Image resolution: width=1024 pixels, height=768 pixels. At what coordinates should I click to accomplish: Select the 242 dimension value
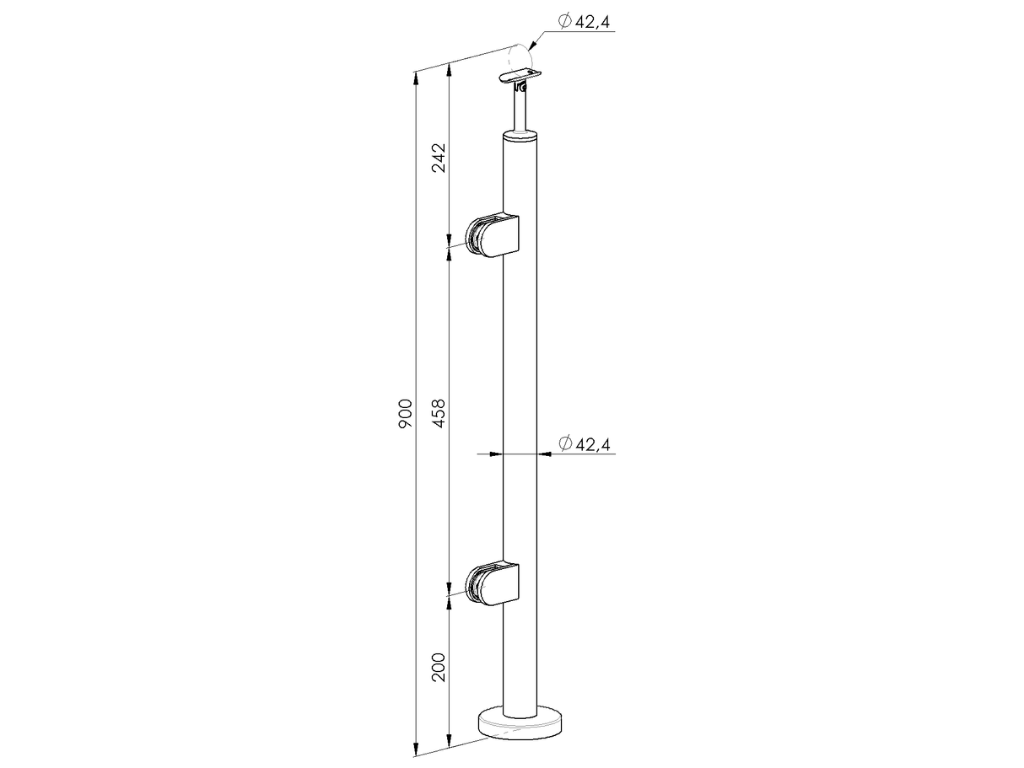click(x=439, y=158)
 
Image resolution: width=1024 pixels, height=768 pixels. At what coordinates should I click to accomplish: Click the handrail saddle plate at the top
click(x=516, y=78)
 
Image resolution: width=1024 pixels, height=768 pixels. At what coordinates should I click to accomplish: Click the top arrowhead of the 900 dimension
click(x=416, y=78)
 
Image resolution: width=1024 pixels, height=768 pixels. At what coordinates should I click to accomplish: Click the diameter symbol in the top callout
click(x=565, y=21)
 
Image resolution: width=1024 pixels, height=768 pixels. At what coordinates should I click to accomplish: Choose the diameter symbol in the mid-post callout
click(x=565, y=443)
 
